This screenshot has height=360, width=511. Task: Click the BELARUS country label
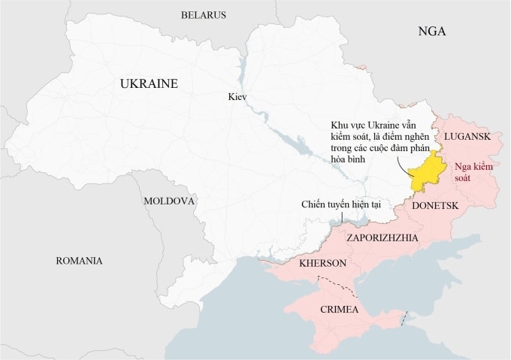click(203, 15)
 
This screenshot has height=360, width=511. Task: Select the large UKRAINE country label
click(149, 84)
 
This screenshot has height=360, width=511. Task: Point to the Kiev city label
click(237, 98)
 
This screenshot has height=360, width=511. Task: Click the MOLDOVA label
click(169, 201)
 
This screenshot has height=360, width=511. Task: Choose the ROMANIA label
click(79, 261)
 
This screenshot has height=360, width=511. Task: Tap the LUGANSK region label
click(467, 136)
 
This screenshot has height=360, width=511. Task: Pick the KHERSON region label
click(322, 264)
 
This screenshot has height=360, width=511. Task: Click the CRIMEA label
click(339, 310)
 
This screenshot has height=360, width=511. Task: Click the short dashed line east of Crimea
click(404, 319)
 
